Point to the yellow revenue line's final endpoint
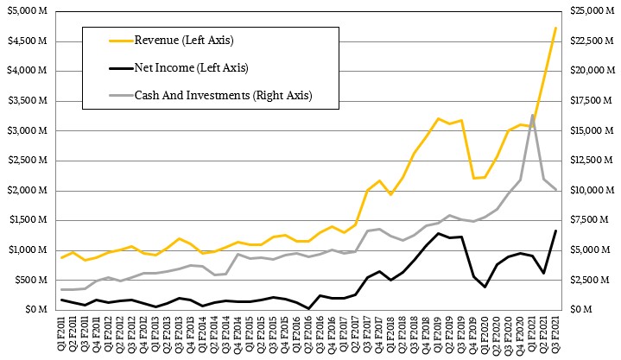[555, 28]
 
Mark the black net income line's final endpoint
[555, 231]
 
